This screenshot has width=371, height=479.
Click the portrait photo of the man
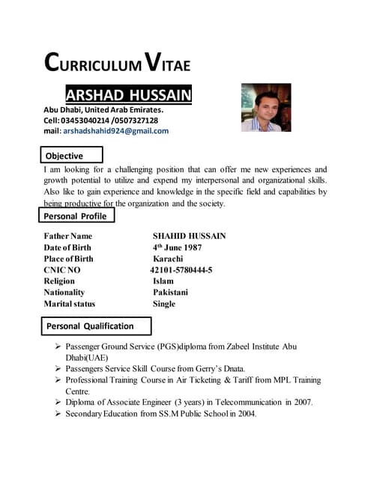[x=265, y=107]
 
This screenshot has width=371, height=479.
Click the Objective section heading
[x=64, y=156]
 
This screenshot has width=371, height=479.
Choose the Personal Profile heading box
[x=75, y=216]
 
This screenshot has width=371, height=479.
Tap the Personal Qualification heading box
[x=90, y=326]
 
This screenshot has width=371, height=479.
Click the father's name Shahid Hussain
[x=189, y=237]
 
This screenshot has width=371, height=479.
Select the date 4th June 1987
[x=177, y=248]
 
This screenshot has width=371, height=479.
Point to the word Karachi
[x=168, y=259]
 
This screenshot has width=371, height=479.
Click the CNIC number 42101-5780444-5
[x=181, y=270]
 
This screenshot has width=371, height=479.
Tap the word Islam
[x=163, y=281]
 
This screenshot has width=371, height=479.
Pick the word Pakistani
[x=170, y=293]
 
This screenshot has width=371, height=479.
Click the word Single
[x=164, y=304]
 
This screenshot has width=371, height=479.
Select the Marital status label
[x=69, y=304]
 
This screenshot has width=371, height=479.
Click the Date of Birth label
[x=67, y=248]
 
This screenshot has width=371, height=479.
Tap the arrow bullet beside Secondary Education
[x=58, y=414]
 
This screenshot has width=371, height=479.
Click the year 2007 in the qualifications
[x=302, y=402]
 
